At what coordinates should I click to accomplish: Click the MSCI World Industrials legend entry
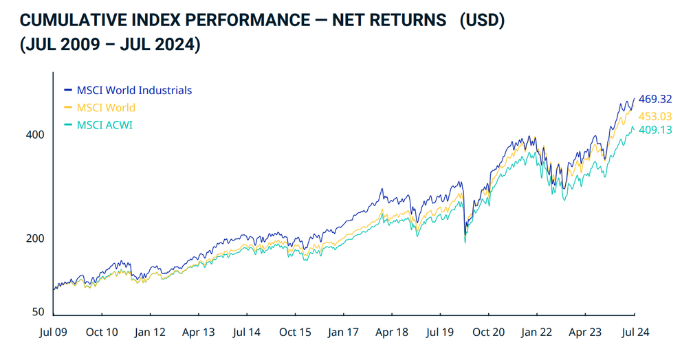[134, 90]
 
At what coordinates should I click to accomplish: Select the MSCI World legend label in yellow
[106, 108]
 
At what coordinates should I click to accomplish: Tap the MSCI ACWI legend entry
[104, 125]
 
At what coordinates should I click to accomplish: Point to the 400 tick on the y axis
[35, 135]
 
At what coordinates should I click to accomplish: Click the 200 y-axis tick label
[35, 238]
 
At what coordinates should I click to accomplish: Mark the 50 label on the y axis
[38, 312]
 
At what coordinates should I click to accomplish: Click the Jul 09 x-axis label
[53, 333]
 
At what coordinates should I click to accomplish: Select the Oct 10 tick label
[102, 333]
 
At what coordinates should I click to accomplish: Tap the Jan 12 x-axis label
[150, 333]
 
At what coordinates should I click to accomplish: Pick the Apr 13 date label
[198, 333]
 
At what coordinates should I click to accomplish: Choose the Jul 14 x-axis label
[246, 333]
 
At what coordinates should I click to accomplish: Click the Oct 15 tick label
[295, 333]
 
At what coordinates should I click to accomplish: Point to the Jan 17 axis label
[343, 333]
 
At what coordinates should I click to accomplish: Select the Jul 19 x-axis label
[440, 333]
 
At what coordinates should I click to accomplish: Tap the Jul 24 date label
[633, 333]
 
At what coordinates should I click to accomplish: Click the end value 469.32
[654, 100]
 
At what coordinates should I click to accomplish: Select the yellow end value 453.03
[654, 117]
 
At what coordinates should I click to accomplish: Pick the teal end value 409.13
[654, 129]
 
